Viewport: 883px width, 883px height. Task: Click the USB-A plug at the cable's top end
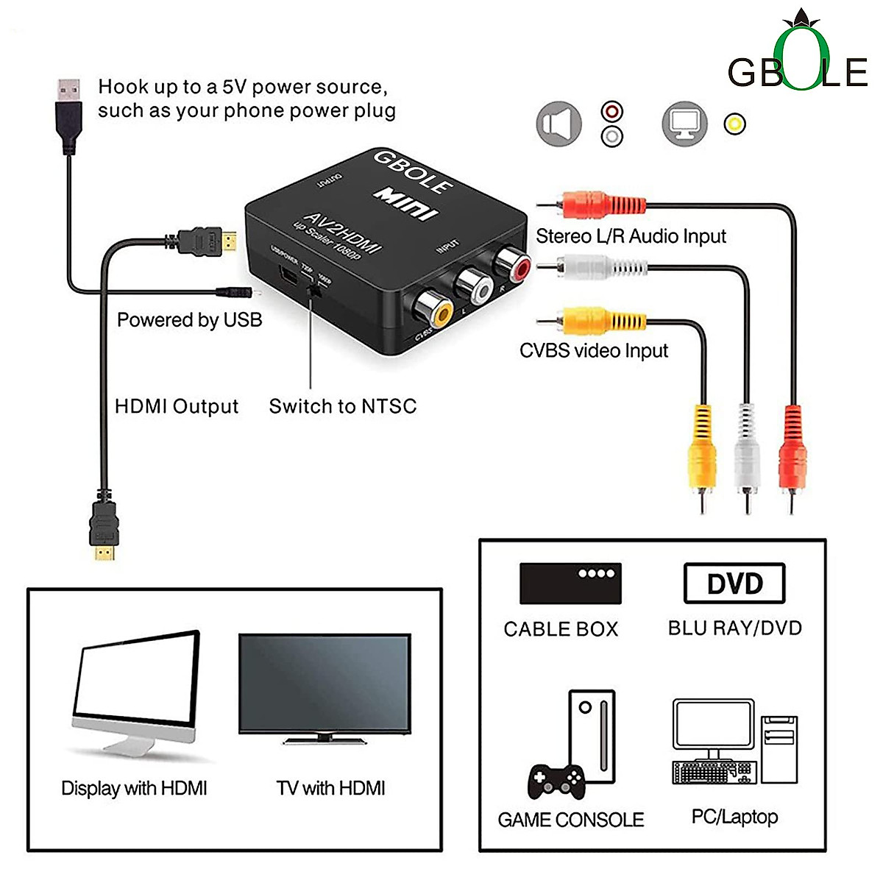pos(69,110)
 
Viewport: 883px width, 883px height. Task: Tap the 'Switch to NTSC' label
pos(342,406)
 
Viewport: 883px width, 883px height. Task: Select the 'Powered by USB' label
pos(189,320)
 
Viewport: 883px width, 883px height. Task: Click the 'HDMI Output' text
pos(177,406)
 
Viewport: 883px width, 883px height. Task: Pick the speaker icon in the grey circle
pos(558,124)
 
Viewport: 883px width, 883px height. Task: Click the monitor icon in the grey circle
pos(684,124)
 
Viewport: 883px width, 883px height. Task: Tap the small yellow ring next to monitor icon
pos(734,124)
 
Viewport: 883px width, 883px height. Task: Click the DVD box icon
pos(734,584)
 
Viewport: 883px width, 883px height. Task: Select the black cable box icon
pos(570,583)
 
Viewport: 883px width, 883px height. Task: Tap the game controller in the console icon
pos(556,782)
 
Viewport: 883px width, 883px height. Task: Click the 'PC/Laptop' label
pos(734,817)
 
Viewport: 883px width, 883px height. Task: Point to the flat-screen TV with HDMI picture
pos(325,688)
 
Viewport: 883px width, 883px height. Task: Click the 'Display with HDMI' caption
pos(134,788)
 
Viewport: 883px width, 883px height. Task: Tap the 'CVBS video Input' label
pos(593,351)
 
